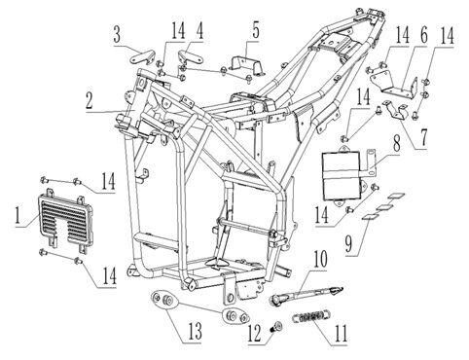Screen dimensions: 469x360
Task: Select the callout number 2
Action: click(x=90, y=101)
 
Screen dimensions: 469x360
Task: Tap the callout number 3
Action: click(x=117, y=35)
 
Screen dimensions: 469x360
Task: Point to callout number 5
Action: click(x=256, y=31)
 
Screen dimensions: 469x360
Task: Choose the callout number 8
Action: click(x=397, y=142)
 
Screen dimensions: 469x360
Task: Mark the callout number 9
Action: click(x=348, y=243)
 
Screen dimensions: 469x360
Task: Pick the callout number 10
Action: click(x=320, y=260)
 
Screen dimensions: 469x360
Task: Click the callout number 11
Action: click(x=341, y=333)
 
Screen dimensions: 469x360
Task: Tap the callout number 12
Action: click(x=254, y=334)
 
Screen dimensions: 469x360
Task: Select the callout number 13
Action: click(x=194, y=331)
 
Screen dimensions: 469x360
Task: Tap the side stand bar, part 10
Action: click(x=307, y=294)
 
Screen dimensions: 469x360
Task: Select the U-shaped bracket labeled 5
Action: click(x=247, y=66)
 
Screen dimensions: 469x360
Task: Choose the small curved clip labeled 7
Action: click(x=395, y=110)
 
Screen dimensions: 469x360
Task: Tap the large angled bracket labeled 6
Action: click(x=393, y=85)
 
